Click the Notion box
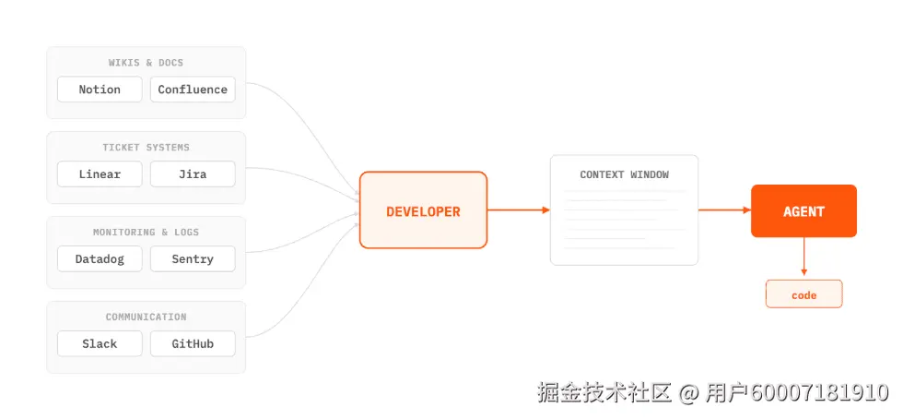tap(100, 90)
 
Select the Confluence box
tap(193, 90)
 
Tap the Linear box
tap(100, 174)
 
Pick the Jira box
tap(193, 174)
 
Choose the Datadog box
tap(100, 259)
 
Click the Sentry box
tap(193, 259)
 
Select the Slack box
tap(100, 343)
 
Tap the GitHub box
tap(193, 343)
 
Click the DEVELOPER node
tap(423, 210)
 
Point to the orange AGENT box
tap(803, 211)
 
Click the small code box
tap(803, 294)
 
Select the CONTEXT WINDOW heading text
tap(624, 174)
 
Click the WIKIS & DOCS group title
tap(146, 63)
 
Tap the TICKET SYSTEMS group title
tap(146, 148)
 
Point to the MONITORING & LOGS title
tap(146, 233)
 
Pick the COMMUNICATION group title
tap(146, 317)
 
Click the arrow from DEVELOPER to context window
tap(518, 210)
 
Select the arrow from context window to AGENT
tap(724, 210)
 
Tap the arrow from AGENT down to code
tap(803, 257)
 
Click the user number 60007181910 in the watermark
tap(820, 393)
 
